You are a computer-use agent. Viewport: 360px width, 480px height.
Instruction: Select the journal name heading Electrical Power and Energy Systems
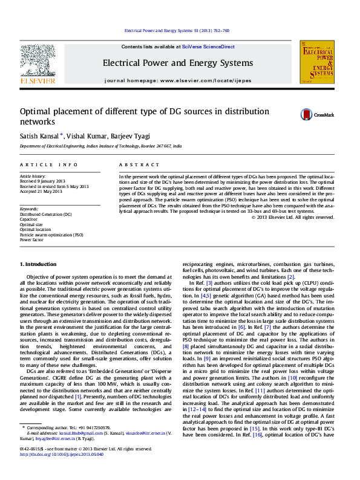tap(177, 63)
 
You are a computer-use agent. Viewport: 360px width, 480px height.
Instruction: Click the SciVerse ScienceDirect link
tap(205, 47)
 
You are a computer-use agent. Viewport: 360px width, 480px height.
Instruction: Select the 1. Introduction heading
tap(39, 264)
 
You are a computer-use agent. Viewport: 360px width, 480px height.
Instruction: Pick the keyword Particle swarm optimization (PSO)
tap(51, 235)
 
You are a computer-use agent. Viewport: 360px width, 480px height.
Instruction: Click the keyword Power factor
tap(31, 239)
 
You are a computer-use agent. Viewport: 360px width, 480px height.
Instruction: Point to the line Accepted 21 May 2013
tap(41, 191)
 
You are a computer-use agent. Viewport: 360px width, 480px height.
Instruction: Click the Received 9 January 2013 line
tap(42, 181)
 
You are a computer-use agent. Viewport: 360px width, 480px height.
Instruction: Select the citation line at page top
tap(176, 30)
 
